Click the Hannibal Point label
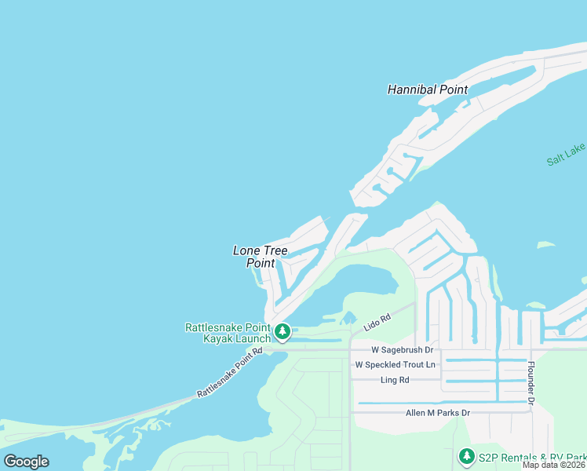coord(427,89)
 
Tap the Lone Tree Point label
coord(261,257)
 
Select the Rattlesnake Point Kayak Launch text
coord(227,333)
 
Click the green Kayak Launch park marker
coord(283,333)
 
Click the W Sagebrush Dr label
coord(402,349)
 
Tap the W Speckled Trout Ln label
coord(395,365)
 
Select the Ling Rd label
coord(394,380)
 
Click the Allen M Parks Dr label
coord(437,413)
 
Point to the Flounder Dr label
coord(531,384)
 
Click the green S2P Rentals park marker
coord(466,456)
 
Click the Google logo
coord(26,462)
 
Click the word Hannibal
coord(412,89)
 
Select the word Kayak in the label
coord(218,338)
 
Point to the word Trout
coord(412,365)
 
